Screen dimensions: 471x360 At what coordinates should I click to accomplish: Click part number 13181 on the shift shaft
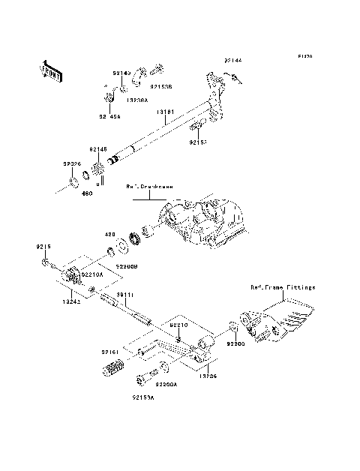166,112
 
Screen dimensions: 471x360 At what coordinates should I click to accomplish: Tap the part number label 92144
232,58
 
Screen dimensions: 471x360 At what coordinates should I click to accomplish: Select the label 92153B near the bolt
160,87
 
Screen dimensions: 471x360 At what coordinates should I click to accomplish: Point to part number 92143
121,73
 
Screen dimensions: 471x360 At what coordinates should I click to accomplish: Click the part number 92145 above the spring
98,149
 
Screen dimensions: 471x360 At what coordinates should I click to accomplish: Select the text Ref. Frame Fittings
283,287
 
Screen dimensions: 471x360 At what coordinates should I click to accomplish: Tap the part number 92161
111,350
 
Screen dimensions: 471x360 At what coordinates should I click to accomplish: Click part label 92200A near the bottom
166,383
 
